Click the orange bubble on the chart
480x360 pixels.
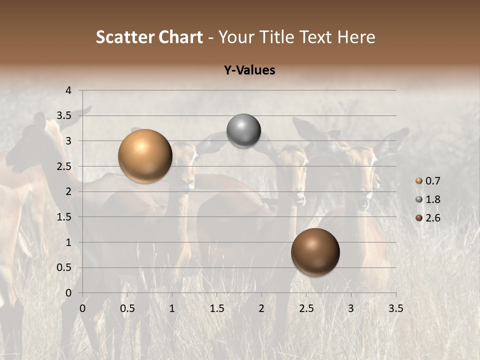[145, 156]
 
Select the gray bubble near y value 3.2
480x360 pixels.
[243, 131]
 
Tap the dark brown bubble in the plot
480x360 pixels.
[315, 252]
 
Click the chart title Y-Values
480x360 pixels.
[249, 70]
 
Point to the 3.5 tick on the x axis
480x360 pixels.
[395, 308]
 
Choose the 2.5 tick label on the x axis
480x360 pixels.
[306, 308]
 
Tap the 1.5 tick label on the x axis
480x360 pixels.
[216, 308]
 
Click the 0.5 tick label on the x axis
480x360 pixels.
[127, 308]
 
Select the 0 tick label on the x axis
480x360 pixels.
[82, 308]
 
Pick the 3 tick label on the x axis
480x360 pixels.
[351, 308]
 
